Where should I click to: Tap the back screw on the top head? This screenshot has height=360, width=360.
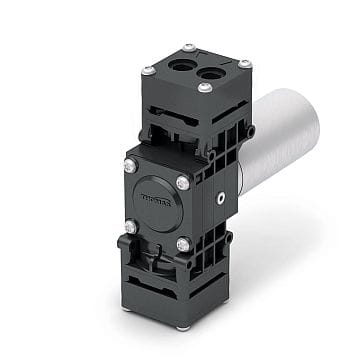[189, 48]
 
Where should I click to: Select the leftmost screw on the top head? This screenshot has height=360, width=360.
[148, 70]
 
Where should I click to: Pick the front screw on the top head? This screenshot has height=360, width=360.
[205, 88]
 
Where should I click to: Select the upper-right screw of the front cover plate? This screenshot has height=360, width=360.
[183, 182]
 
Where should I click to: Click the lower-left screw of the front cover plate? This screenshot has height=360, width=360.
[130, 227]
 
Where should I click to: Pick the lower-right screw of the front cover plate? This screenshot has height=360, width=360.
[183, 245]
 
